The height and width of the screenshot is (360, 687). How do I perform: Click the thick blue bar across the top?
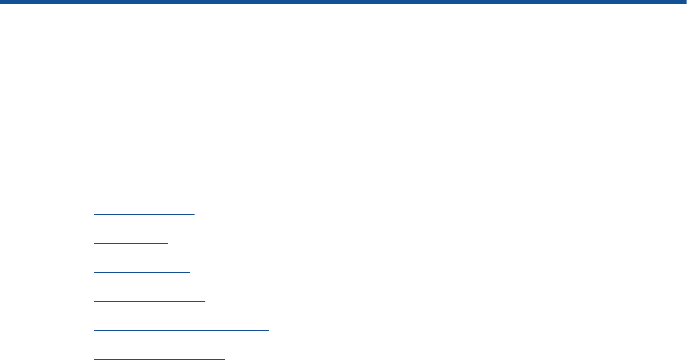(343, 3)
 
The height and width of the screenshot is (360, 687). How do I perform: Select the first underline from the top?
(145, 214)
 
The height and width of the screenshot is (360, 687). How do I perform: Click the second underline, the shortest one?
(131, 243)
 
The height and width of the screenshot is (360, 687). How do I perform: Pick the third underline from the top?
(142, 272)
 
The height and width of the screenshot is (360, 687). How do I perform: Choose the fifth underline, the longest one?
(181, 330)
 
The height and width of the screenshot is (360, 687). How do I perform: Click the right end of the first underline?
(195, 214)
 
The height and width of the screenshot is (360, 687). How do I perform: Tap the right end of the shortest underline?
(168, 243)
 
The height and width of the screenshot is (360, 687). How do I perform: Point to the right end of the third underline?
(189, 272)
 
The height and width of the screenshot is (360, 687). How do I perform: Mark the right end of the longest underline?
(268, 330)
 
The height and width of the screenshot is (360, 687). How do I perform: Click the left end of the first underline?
(95, 214)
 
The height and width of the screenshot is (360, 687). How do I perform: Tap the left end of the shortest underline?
(95, 243)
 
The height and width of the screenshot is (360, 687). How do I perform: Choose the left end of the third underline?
(95, 272)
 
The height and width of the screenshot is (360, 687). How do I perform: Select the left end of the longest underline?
(95, 330)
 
